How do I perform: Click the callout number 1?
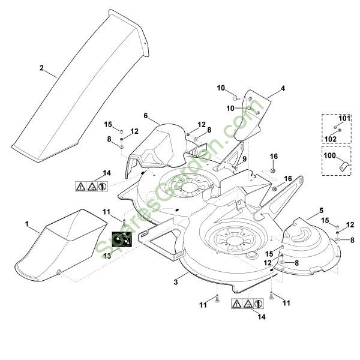[x=27, y=223]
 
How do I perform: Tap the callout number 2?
[x=42, y=68]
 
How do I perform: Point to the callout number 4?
[x=283, y=88]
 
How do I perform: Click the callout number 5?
[x=321, y=210]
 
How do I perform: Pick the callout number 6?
[x=146, y=115]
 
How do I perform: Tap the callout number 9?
[x=245, y=158]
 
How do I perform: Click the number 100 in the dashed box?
[x=329, y=155]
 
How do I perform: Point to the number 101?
[x=344, y=118]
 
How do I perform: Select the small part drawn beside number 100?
[x=343, y=165]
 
